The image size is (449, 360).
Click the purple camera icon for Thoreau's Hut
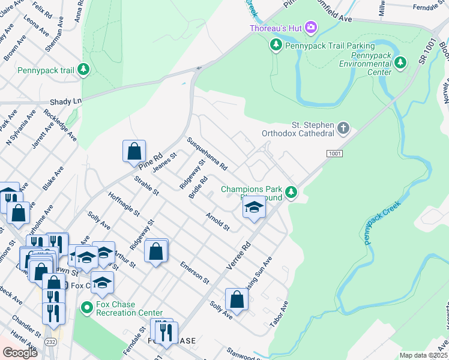point(311,27)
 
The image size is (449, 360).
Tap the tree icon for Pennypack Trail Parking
point(276,45)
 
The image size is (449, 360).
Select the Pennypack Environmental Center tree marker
point(402,63)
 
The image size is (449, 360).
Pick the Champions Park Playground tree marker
point(291,192)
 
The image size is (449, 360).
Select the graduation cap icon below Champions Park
point(254,208)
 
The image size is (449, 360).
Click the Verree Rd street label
point(238,256)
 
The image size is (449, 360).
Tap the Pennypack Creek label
point(382,223)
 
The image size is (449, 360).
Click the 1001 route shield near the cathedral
point(335,154)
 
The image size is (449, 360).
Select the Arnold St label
point(217,221)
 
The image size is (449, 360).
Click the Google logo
point(20,352)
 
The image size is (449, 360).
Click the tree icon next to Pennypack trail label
point(84,70)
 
